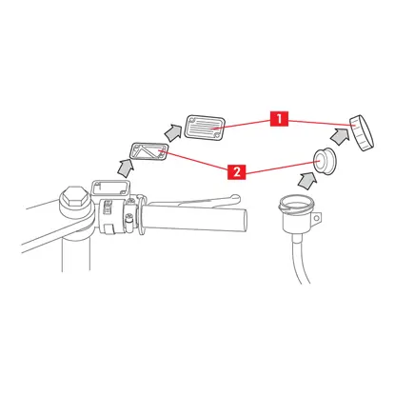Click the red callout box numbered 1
tap(279, 119)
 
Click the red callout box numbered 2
tap(237, 172)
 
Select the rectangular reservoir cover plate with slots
tap(205, 127)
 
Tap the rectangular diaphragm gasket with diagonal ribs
tap(149, 151)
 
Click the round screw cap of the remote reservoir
tap(362, 132)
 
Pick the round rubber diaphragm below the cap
tap(325, 161)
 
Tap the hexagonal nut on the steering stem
tap(74, 197)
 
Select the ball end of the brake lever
tap(235, 199)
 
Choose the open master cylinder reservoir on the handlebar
tap(110, 189)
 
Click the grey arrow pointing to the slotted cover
tap(173, 132)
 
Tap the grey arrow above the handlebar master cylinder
tap(126, 168)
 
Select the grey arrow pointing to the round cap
tap(340, 136)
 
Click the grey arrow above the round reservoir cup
tap(307, 182)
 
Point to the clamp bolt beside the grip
tap(128, 219)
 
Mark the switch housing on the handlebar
tap(111, 216)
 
